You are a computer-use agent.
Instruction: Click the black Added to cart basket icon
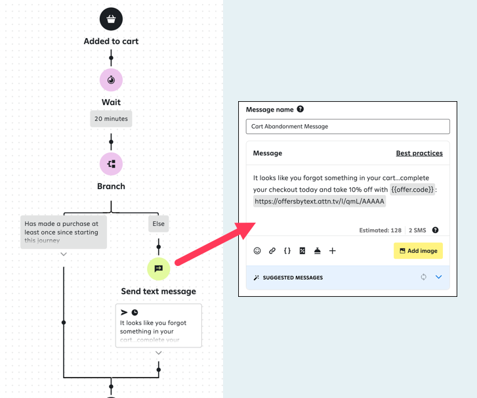click(x=111, y=18)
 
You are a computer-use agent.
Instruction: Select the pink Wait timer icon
click(x=111, y=80)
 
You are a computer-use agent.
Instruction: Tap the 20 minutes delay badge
click(x=111, y=119)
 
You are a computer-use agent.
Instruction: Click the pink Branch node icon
click(x=111, y=164)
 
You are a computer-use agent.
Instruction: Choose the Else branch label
click(x=158, y=224)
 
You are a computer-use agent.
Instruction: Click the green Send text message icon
click(x=158, y=269)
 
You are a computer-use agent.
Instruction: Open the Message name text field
click(x=348, y=126)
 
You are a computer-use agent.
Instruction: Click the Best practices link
click(x=419, y=153)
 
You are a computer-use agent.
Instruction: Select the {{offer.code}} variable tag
click(x=413, y=189)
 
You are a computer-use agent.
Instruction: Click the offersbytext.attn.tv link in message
click(x=320, y=202)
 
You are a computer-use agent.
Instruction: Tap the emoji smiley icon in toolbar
click(x=257, y=251)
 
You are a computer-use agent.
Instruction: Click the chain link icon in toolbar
click(x=272, y=251)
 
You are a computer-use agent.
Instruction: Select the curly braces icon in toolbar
click(x=287, y=251)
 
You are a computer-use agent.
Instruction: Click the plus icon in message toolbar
click(x=333, y=251)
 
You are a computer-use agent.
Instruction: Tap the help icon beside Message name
click(x=301, y=109)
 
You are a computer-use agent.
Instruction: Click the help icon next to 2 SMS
click(x=435, y=231)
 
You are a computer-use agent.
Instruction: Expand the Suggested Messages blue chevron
click(x=439, y=277)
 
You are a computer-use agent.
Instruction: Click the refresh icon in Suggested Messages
click(x=424, y=277)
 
